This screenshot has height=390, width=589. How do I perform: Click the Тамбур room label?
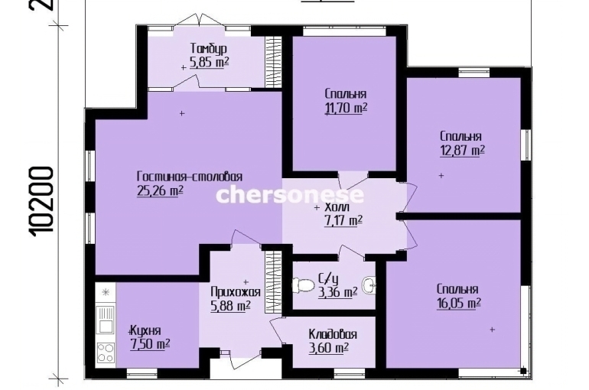point(209,49)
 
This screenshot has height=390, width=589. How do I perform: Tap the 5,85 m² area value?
point(210,62)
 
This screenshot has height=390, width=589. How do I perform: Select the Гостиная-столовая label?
point(190,177)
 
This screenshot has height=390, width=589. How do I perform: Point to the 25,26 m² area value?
point(160,190)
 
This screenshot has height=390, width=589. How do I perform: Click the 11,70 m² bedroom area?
point(346,108)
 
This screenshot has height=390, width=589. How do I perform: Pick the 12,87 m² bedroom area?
point(462,151)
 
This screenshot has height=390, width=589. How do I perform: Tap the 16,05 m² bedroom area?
point(459,304)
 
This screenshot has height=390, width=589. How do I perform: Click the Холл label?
point(337,207)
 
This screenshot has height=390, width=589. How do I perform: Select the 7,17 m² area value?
point(343,220)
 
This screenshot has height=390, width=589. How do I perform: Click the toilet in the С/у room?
point(304,284)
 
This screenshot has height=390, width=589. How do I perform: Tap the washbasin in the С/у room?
point(369,285)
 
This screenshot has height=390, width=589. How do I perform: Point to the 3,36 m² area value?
point(337,292)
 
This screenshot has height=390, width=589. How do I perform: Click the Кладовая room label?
point(333,334)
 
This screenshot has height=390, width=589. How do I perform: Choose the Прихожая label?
point(236,292)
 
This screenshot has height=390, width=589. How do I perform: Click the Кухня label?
point(146,330)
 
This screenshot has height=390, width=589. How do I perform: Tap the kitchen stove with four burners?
point(106,353)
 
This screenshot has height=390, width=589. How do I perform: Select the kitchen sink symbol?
point(106,320)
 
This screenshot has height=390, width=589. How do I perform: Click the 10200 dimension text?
point(41,201)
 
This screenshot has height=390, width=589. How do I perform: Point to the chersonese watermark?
point(290,195)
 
